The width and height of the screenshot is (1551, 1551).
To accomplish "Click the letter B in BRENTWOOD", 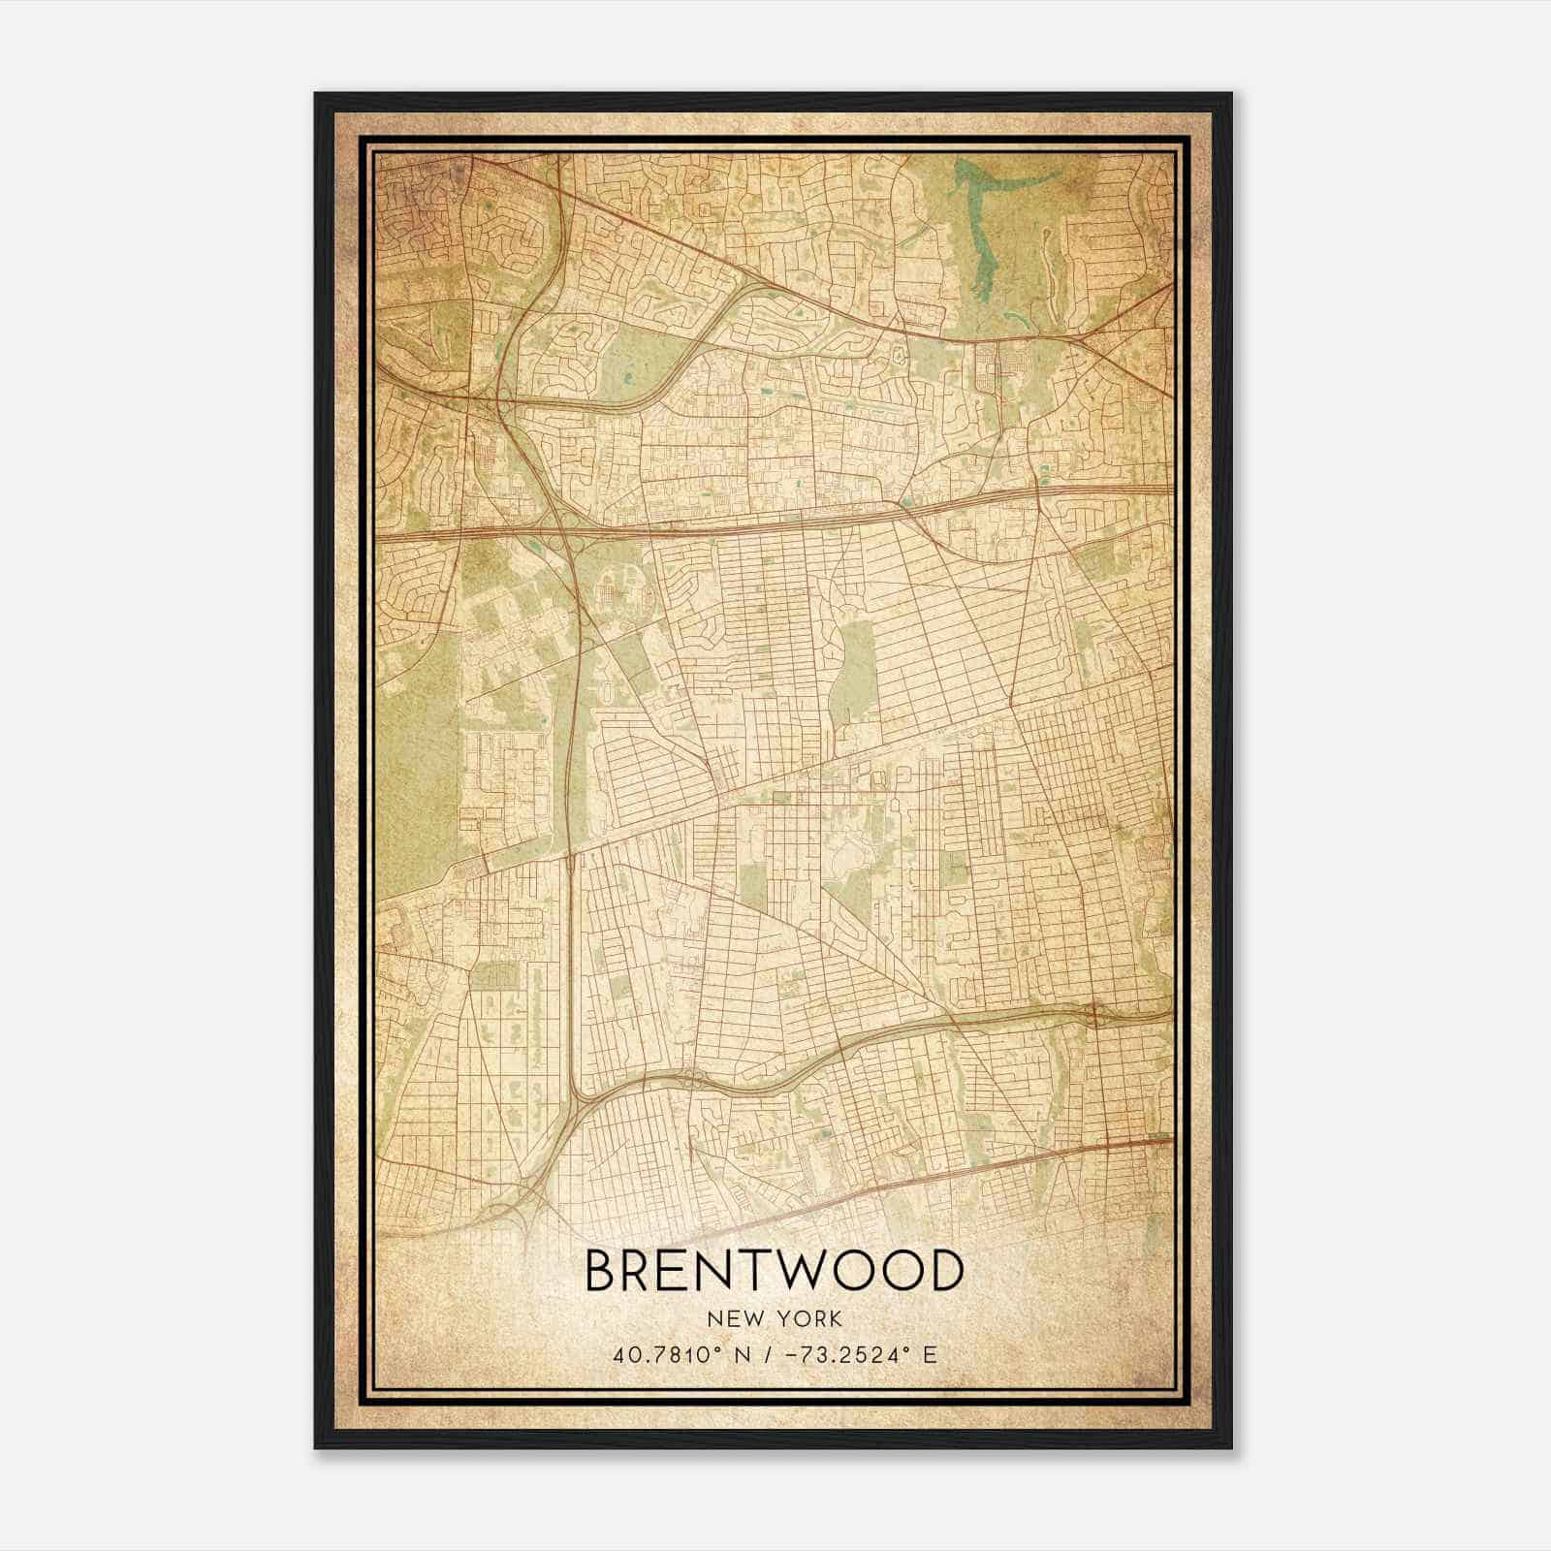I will point(604,1272).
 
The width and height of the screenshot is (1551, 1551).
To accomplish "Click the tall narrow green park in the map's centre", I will point(853,669).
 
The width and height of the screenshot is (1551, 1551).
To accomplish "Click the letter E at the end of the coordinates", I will point(929,1354).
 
